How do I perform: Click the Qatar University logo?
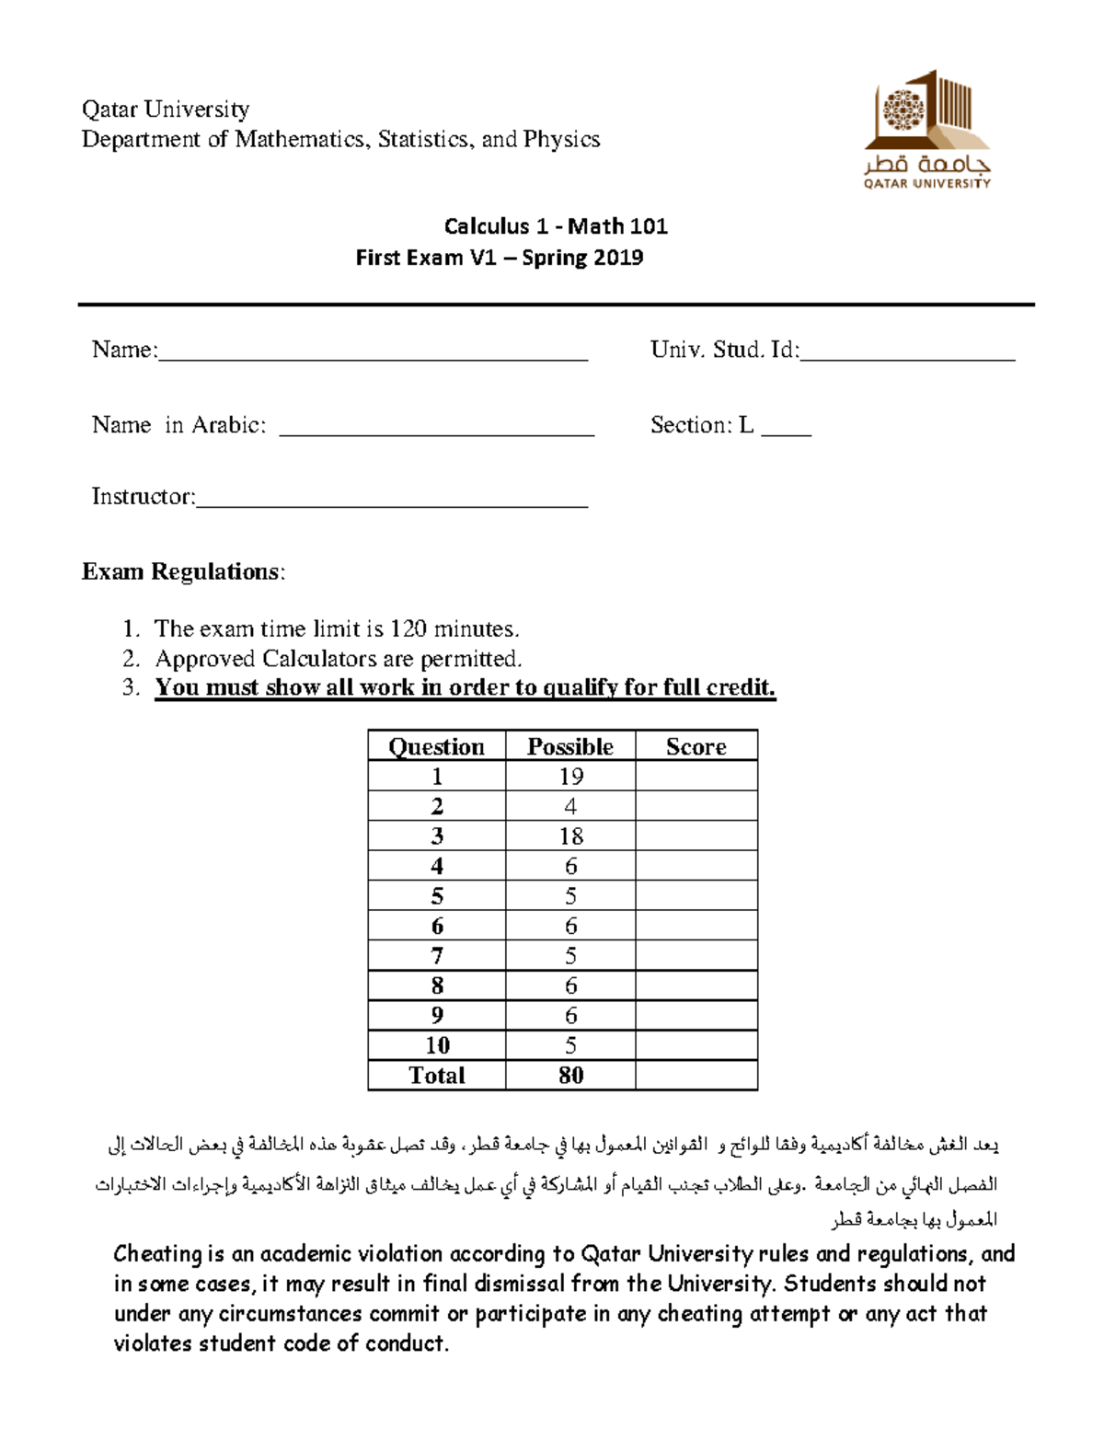click(x=926, y=129)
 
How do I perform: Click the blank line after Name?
click(x=373, y=359)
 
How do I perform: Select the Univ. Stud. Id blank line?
click(x=907, y=359)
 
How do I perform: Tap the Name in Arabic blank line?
click(x=436, y=433)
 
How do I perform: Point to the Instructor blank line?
click(x=392, y=505)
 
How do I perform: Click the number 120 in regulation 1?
click(x=408, y=629)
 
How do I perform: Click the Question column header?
click(x=436, y=746)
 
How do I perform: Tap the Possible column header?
click(x=569, y=746)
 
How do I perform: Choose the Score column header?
click(x=696, y=746)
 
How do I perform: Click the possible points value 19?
click(x=570, y=777)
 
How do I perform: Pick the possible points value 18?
click(x=570, y=836)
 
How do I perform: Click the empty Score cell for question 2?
click(x=696, y=807)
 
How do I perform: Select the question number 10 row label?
click(x=437, y=1045)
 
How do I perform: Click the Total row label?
click(x=436, y=1076)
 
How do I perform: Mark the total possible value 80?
click(x=570, y=1076)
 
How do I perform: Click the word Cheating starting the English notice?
click(x=157, y=1254)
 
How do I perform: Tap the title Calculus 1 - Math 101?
click(x=556, y=226)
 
